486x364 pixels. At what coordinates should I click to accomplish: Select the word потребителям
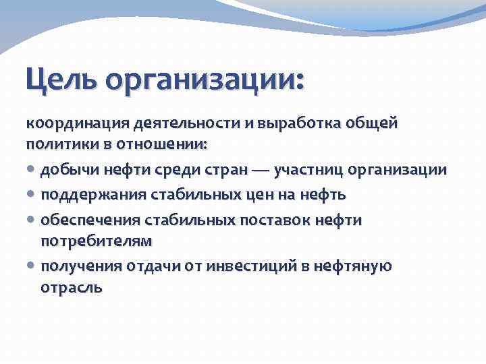point(96,241)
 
